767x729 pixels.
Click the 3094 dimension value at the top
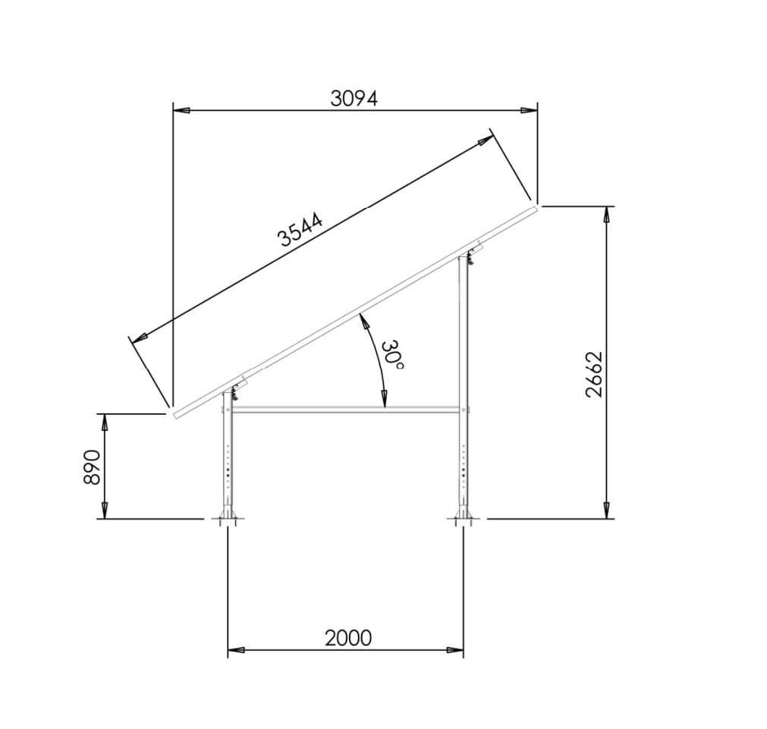354,98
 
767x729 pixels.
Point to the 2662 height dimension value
594,374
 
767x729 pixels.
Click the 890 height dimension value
92,467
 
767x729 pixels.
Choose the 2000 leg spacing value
348,638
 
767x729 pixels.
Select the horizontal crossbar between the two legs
346,410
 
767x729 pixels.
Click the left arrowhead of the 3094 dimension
181,111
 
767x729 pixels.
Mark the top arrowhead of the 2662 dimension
605,215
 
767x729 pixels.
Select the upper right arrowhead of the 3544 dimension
483,142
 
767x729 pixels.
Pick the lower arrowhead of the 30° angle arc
384,399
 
